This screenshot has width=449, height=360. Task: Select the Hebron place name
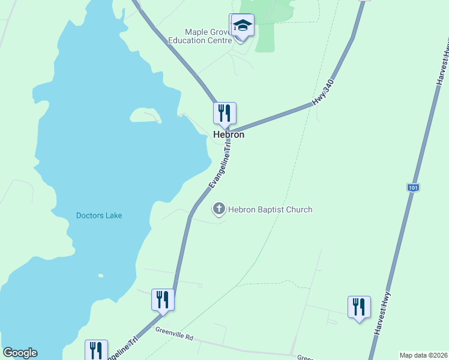pos(229,135)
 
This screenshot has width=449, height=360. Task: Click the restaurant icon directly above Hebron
pos(224,112)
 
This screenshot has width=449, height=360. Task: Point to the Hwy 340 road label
pos(322,93)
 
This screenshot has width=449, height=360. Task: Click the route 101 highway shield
pos(412,188)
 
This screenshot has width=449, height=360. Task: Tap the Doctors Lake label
pos(98,216)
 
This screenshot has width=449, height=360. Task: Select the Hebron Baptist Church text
pos(270,209)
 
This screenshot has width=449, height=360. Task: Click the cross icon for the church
pos(219,209)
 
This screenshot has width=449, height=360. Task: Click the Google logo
pos(20,353)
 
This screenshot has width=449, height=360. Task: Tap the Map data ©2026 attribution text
pos(423,355)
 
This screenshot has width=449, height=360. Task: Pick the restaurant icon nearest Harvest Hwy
pos(359,306)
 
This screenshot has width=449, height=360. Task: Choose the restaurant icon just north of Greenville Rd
pos(163,299)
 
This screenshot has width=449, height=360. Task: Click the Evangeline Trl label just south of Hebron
pos(220,166)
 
